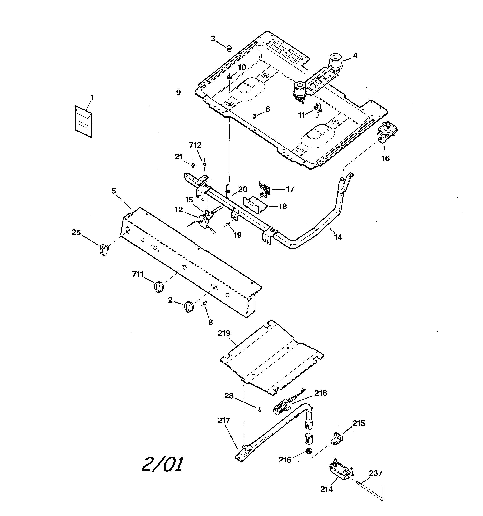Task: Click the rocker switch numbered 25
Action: (x=104, y=250)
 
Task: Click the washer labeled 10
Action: (x=229, y=77)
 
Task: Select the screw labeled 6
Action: (x=255, y=116)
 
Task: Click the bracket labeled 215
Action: (x=336, y=439)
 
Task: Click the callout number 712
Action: (x=195, y=145)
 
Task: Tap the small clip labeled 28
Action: (x=259, y=410)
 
